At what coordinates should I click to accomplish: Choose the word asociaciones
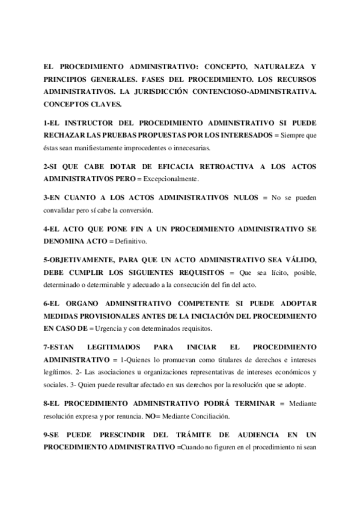pyautogui.click(x=112, y=372)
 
